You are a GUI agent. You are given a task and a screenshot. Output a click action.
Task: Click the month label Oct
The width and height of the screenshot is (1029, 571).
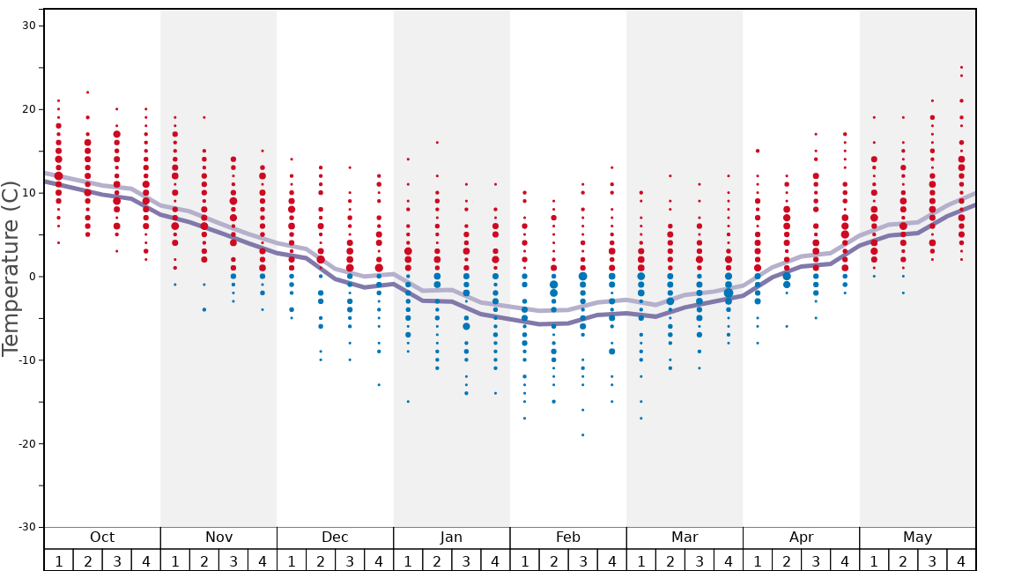pos(102,538)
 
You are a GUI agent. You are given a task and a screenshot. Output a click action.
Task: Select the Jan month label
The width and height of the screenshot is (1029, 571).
pos(451,538)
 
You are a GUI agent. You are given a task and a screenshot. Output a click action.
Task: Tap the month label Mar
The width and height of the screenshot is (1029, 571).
pos(685,538)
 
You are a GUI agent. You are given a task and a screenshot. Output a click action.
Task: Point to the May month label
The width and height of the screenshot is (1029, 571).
pos(917,538)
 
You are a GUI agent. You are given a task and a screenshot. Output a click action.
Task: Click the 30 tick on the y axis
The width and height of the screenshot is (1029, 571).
pos(28,26)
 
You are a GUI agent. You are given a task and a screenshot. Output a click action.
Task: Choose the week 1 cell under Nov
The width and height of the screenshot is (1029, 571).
pos(174,560)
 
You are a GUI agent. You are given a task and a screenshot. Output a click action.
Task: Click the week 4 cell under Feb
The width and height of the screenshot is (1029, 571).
pos(611,560)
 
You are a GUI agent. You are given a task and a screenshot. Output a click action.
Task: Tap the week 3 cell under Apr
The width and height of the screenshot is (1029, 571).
pos(816,560)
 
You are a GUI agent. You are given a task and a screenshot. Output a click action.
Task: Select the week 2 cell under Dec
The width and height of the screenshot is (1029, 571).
pos(321,560)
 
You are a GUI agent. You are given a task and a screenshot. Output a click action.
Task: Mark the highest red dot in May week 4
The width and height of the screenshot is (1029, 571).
pos(961,67)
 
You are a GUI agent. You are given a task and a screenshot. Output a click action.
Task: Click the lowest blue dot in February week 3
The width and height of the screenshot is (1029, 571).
pos(582,434)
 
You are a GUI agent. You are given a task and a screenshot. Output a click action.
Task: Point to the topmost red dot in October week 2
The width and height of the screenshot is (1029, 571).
pos(87,93)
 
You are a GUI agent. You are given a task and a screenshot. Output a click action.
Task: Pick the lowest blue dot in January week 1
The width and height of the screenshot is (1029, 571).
pos(408,402)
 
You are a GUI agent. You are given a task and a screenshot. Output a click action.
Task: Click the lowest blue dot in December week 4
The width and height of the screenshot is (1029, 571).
pos(379,385)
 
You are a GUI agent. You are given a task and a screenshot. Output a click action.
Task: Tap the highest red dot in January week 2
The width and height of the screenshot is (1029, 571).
pos(437,143)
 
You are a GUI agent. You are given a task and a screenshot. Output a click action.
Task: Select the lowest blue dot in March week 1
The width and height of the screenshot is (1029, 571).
pos(640,419)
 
